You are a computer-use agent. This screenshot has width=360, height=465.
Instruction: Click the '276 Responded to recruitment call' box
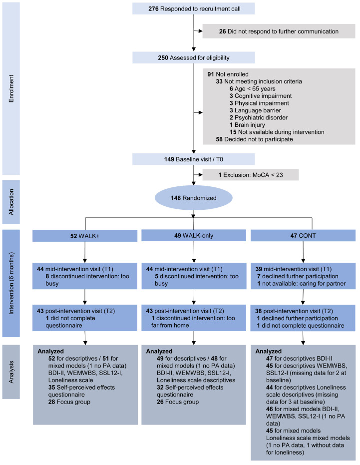193,8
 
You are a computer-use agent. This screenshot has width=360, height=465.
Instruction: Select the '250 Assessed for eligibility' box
193,57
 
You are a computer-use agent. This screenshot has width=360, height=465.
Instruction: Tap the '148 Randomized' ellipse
193,198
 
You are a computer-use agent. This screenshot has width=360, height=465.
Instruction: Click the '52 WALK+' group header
85,236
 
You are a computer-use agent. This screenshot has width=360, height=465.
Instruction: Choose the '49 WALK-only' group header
194,235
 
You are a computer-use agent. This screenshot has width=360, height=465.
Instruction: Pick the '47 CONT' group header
303,235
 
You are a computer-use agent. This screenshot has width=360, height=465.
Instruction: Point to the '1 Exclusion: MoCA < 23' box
251,175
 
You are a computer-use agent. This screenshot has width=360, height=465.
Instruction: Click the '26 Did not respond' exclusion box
279,31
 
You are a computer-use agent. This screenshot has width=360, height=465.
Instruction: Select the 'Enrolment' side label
11,89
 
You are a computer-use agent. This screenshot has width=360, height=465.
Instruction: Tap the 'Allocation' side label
11,202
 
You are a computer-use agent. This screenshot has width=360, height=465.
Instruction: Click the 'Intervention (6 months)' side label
11,283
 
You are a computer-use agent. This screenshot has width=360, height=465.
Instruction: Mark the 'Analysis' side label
11,372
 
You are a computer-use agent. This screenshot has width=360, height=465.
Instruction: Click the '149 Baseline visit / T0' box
193,159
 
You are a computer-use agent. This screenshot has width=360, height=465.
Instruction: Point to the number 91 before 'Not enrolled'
211,74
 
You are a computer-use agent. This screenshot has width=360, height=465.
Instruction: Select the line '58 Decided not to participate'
254,139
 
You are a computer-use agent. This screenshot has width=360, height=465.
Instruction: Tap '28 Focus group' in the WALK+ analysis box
69,402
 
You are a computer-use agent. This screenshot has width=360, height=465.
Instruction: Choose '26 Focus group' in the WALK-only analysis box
178,402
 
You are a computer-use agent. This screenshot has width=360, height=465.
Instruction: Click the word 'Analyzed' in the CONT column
268,351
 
